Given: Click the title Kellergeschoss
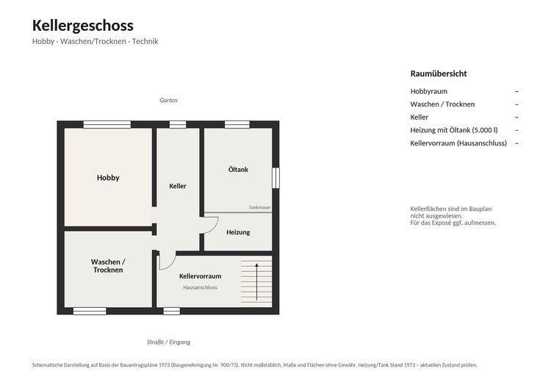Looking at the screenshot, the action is pos(82,26).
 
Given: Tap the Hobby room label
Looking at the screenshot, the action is pos(108,178).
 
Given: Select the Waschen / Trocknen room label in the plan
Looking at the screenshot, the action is pos(108,266).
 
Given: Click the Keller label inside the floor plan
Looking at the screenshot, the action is pos(178,186).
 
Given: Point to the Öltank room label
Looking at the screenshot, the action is pos(238,170).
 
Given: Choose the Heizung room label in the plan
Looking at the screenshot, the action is pos(238,233).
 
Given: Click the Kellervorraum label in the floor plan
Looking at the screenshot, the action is pos(200,276).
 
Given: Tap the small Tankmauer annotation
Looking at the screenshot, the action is pos(259,208).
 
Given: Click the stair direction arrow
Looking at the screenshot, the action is pos(256,282).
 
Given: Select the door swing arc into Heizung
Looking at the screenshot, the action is pos(215,227).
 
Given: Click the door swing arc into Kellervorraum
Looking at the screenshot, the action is pos(170,264).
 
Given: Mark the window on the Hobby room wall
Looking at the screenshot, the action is pos(107,125).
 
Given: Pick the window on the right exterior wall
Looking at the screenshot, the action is pos(276,178).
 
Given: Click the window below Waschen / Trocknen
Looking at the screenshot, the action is pos(90,311).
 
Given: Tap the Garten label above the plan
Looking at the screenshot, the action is pos(168,100).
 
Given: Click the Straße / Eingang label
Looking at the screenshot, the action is pos(168,342).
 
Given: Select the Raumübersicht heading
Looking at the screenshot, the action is pos(439,73).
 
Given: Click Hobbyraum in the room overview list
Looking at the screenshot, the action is pos(429,91).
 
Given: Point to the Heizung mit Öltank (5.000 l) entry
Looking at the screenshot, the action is pos(454,130).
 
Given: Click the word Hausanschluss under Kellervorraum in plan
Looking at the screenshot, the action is pos(200,287).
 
